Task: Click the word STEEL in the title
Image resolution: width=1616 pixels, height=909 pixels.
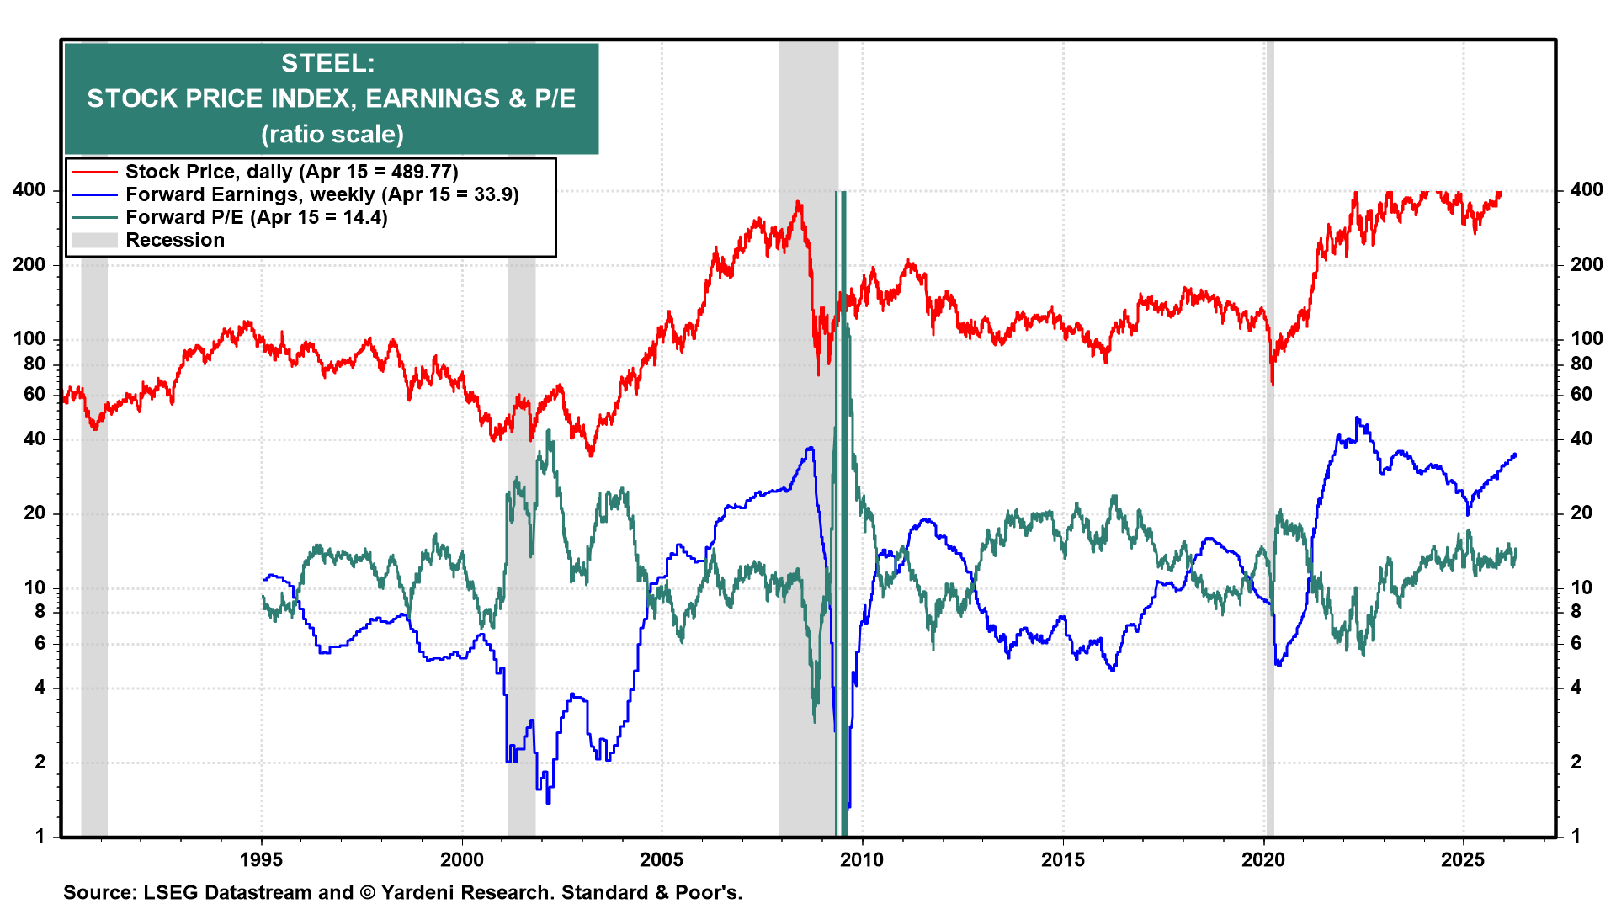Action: click(327, 63)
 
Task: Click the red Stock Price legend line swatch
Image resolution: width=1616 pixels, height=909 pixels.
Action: click(94, 172)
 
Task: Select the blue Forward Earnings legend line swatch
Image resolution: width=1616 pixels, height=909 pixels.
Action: click(94, 194)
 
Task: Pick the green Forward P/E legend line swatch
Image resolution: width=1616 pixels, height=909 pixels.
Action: click(94, 217)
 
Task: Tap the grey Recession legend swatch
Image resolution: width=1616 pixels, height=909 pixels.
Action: click(94, 240)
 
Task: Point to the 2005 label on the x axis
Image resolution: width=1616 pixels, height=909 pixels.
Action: click(662, 859)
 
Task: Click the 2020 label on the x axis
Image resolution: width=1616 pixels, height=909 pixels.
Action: click(1263, 859)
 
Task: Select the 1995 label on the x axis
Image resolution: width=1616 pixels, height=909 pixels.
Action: click(261, 859)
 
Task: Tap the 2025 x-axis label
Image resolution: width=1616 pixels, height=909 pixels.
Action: click(1463, 859)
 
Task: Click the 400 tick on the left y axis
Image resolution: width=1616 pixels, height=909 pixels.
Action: click(29, 190)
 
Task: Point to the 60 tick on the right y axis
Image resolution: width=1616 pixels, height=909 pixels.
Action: click(1581, 394)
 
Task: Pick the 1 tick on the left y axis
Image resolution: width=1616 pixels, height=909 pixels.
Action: click(40, 836)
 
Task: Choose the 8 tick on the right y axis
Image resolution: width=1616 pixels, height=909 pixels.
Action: click(1576, 612)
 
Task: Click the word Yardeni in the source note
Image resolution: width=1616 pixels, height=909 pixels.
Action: click(413, 892)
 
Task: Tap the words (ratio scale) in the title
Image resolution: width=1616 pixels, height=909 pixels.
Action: click(332, 134)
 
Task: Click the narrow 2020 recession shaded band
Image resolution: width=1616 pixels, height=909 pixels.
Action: click(1269, 505)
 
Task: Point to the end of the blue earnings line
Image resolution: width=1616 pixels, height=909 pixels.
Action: click(1515, 454)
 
